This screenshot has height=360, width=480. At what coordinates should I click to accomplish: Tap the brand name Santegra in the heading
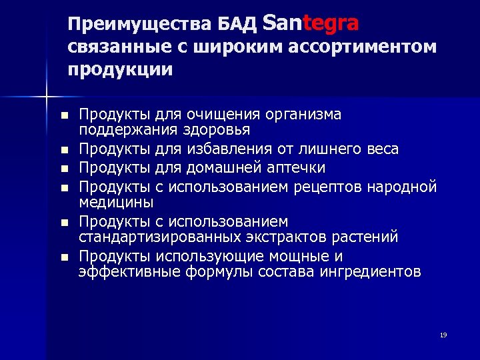pyautogui.click(x=311, y=23)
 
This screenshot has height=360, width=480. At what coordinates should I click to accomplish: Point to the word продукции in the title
pyautogui.click(x=120, y=69)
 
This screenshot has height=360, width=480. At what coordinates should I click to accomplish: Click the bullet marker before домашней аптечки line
pyautogui.click(x=63, y=168)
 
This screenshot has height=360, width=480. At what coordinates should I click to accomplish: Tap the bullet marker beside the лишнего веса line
pyautogui.click(x=63, y=150)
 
